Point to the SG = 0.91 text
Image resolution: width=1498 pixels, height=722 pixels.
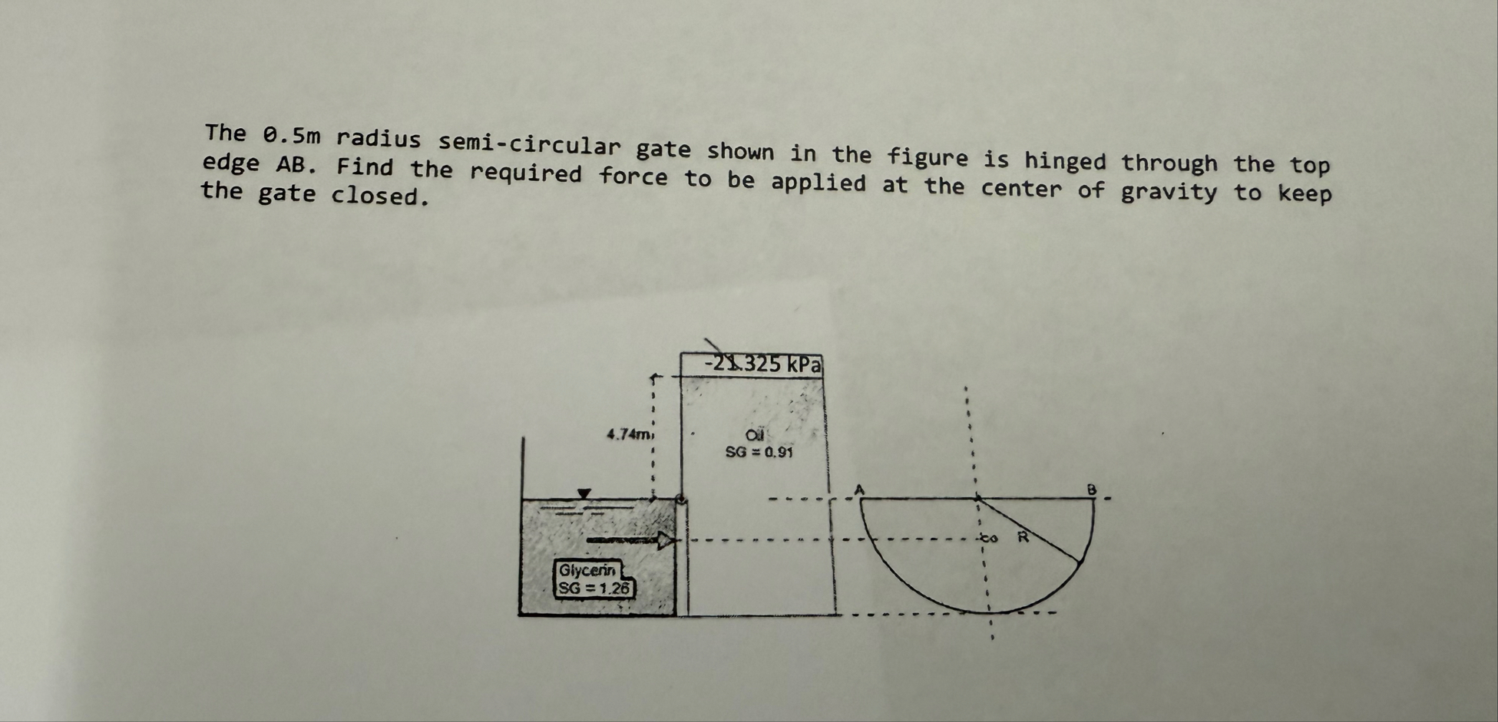[x=759, y=452]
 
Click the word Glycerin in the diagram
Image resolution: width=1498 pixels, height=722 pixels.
[x=587, y=570]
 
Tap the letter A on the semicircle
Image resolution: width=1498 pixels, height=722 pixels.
[x=860, y=489]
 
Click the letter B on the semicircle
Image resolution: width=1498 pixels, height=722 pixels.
[x=1091, y=489]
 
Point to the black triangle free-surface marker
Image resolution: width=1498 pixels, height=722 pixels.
[x=584, y=493]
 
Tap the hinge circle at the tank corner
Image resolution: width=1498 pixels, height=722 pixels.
[x=680, y=499]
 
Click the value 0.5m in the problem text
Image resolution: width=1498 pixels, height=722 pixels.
[x=292, y=137]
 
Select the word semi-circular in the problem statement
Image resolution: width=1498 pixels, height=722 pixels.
[x=529, y=143]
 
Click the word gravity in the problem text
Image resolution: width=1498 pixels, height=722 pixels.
[x=1169, y=191]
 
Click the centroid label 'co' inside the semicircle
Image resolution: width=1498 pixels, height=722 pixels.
[x=990, y=538]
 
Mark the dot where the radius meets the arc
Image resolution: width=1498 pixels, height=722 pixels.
[x=1079, y=562]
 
